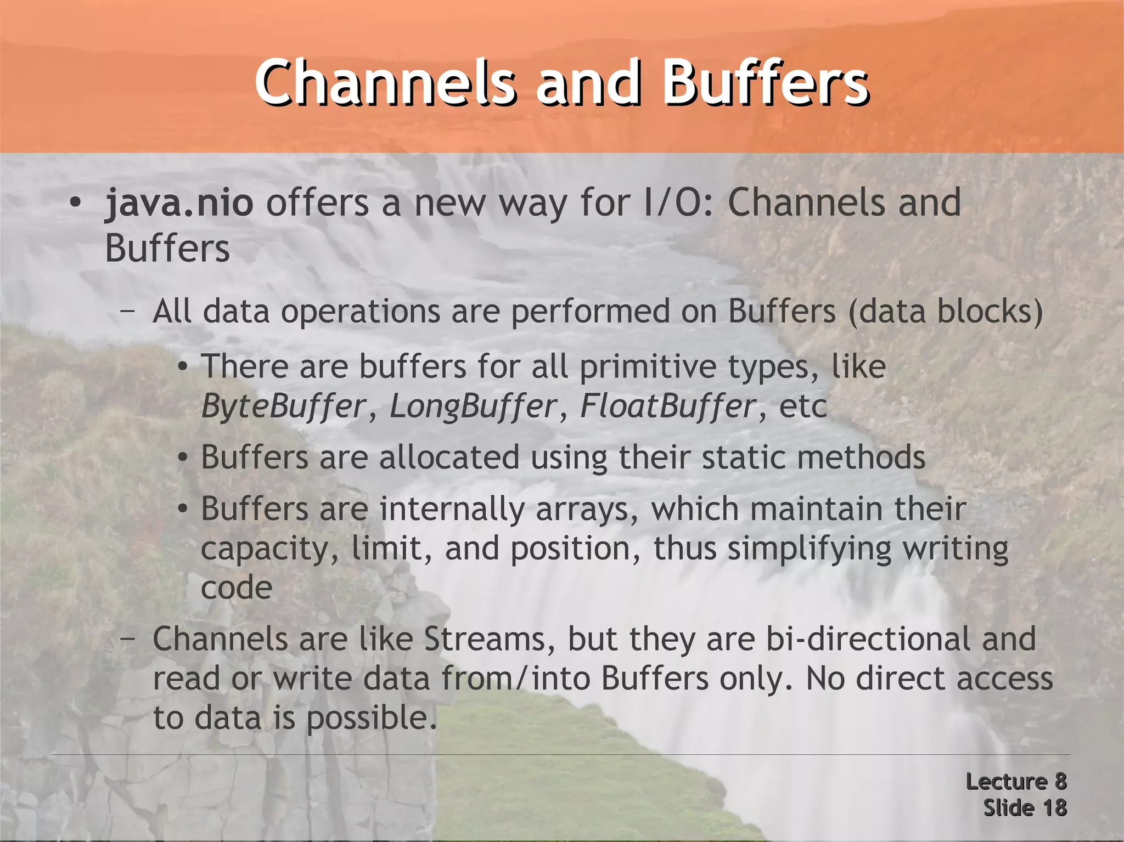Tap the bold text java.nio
pyautogui.click(x=179, y=203)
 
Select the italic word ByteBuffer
pyautogui.click(x=283, y=407)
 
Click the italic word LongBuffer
pyautogui.click(x=473, y=407)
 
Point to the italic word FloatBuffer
pyautogui.click(x=668, y=407)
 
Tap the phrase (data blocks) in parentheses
pyautogui.click(x=945, y=312)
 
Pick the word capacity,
pyautogui.click(x=269, y=550)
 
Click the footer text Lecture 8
pyautogui.click(x=1016, y=781)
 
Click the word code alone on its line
pyautogui.click(x=237, y=588)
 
